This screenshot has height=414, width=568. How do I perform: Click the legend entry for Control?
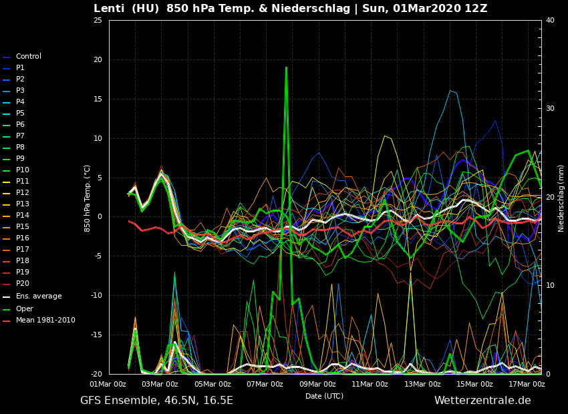28,57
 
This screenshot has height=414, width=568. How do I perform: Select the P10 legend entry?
23,170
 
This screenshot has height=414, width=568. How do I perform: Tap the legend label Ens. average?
39,296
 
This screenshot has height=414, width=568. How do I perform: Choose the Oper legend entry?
24,309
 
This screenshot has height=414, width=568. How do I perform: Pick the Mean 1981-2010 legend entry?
45,321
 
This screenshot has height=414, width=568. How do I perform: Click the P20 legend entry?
23,284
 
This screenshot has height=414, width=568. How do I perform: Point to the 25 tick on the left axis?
98,21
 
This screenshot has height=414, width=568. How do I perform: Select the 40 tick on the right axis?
550,21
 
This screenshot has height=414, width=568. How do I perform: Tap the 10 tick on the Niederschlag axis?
550,286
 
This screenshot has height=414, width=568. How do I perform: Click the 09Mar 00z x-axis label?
317,384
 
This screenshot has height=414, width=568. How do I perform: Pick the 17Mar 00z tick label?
527,384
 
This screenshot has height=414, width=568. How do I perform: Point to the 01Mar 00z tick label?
108,384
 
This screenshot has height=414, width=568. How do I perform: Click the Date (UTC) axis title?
324,396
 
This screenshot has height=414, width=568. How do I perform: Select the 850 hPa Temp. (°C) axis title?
88,198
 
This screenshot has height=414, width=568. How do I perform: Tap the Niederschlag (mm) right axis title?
561,198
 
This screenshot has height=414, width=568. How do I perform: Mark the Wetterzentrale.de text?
482,401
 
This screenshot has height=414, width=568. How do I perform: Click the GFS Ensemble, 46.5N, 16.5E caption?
156,401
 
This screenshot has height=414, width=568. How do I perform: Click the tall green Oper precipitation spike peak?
286,67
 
